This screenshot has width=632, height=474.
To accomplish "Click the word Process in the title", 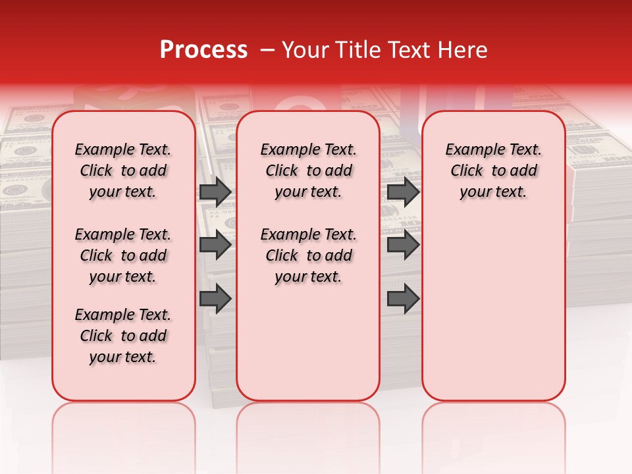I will tap(203, 50).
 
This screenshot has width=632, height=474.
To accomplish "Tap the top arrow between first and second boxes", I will tap(215, 192).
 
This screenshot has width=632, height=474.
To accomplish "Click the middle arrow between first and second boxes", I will tap(215, 245).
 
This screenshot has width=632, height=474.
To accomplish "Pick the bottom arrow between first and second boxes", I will tap(215, 298).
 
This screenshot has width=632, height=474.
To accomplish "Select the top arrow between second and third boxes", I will tap(403, 192).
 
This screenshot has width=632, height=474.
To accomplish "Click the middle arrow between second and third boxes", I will tap(403, 245).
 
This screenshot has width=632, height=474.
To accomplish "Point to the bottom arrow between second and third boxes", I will tap(403, 298).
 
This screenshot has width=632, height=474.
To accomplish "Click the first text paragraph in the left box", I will tap(123, 171).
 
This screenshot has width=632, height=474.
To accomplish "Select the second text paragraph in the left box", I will tap(123, 255).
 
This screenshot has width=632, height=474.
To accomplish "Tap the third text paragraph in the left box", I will tap(123, 336).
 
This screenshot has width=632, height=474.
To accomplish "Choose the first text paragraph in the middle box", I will tap(308, 171).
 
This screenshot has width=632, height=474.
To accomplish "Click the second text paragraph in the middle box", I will tap(308, 255).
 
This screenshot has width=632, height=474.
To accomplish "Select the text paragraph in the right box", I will tap(493, 171).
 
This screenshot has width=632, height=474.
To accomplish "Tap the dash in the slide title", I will tap(268, 50).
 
